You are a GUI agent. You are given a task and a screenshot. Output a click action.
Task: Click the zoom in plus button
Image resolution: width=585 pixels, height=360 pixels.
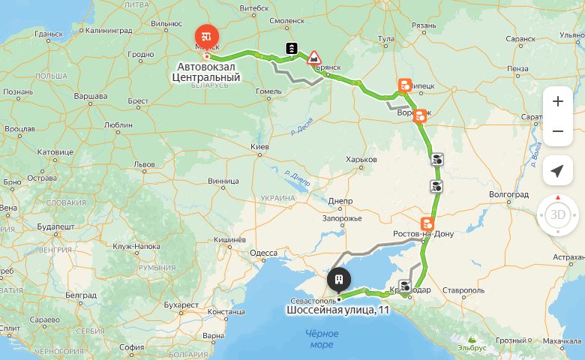click(x=557, y=101)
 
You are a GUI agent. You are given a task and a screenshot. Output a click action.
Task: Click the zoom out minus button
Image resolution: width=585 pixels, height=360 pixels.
click(x=557, y=132)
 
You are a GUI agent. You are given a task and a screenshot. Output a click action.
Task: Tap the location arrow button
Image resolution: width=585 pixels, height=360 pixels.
click(x=557, y=171)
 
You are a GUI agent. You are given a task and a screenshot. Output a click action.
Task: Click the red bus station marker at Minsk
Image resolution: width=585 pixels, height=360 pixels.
click(x=205, y=35)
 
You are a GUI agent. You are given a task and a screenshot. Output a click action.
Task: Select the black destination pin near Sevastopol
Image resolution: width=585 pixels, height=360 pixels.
click(x=339, y=280)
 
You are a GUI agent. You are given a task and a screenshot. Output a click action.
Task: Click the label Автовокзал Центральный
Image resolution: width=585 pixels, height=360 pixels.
click(x=211, y=71)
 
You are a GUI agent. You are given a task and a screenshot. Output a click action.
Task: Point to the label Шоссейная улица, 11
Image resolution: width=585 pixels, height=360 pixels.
click(x=337, y=310)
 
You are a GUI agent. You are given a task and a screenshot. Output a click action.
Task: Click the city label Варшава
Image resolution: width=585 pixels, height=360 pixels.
click(x=90, y=97)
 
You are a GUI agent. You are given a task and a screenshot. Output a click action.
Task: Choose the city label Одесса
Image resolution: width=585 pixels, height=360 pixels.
click(x=263, y=253)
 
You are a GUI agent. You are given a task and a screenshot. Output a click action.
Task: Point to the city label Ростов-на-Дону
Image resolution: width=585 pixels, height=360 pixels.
click(x=424, y=234)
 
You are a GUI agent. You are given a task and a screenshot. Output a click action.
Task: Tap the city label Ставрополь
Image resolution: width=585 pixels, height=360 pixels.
click(x=463, y=289)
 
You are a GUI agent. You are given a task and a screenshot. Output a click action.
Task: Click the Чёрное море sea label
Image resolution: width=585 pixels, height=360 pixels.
click(x=321, y=338)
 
